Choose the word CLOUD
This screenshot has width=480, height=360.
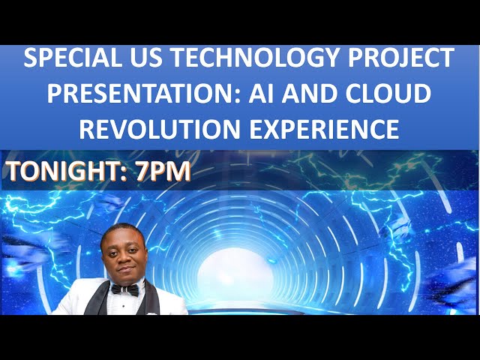(x=400, y=94)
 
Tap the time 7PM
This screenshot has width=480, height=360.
(x=163, y=172)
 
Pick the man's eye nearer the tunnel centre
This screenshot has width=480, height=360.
(x=132, y=250)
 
